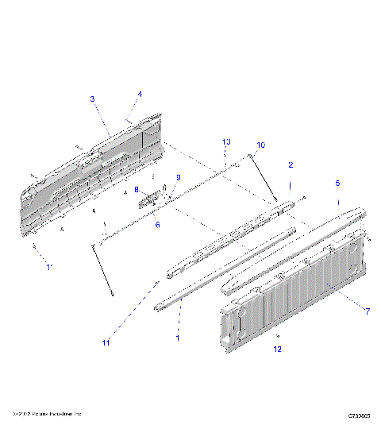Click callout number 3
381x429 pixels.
(92, 99)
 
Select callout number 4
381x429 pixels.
(140, 94)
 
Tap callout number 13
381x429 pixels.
(226, 141)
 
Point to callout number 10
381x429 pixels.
(260, 145)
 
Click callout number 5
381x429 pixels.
(337, 183)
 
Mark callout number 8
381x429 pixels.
(137, 190)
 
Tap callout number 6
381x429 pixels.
(157, 225)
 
